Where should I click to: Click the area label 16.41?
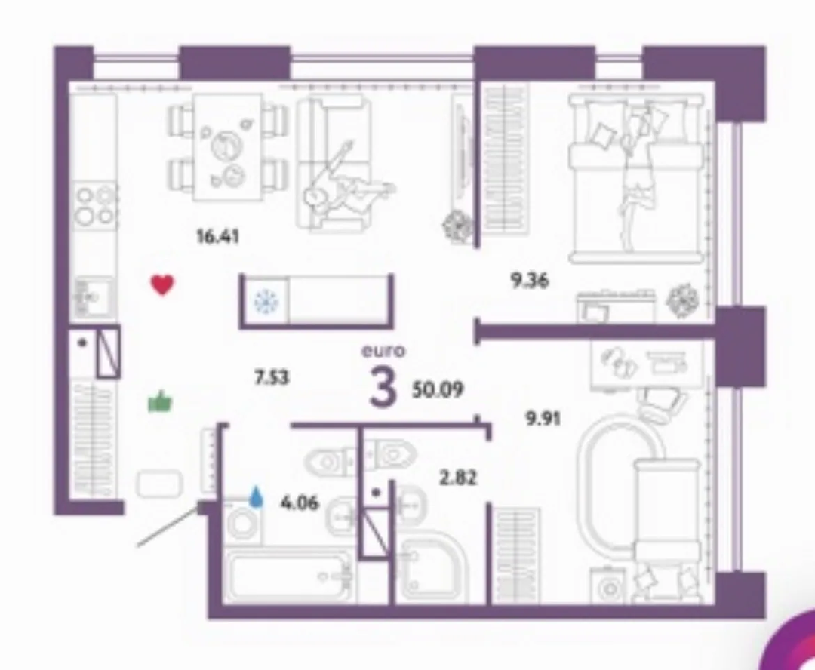point(218,237)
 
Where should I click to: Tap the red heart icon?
point(163,285)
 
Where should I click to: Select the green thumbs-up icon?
point(160,401)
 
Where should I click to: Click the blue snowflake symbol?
point(265,302)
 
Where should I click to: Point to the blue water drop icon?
point(256,496)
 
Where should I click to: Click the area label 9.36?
point(530,281)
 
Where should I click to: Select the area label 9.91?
point(543,419)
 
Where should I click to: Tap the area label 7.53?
point(272,376)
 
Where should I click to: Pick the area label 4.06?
point(300,503)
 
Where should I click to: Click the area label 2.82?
point(458,478)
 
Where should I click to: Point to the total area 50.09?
point(438,389)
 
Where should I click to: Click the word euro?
point(383,351)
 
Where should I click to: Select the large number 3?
point(383,390)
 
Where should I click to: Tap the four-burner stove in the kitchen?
point(94,204)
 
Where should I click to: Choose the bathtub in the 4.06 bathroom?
point(289,576)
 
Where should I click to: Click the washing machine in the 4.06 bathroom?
point(241,522)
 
